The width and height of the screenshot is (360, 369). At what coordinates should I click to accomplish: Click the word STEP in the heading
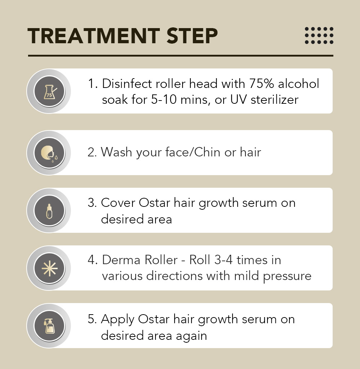[192, 36]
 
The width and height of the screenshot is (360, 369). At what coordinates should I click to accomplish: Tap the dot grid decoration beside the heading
[319, 35]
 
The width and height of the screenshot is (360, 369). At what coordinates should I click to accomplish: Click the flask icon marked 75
[50, 92]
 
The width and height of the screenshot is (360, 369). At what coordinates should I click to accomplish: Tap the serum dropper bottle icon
[49, 211]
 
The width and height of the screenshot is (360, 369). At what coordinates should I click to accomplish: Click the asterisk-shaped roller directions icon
[49, 268]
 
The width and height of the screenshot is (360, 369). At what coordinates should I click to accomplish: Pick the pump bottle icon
[49, 326]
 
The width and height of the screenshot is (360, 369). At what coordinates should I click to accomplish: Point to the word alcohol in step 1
[299, 84]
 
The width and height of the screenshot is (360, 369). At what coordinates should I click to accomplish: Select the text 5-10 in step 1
[164, 99]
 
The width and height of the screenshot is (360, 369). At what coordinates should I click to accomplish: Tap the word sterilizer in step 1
[275, 99]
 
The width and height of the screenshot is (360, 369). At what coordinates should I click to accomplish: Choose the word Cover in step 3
[118, 203]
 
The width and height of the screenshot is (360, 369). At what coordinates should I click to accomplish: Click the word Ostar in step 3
[154, 203]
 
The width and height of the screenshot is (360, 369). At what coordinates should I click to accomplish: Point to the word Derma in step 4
[121, 260]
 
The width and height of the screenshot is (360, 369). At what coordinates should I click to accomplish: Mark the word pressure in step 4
[287, 276]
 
